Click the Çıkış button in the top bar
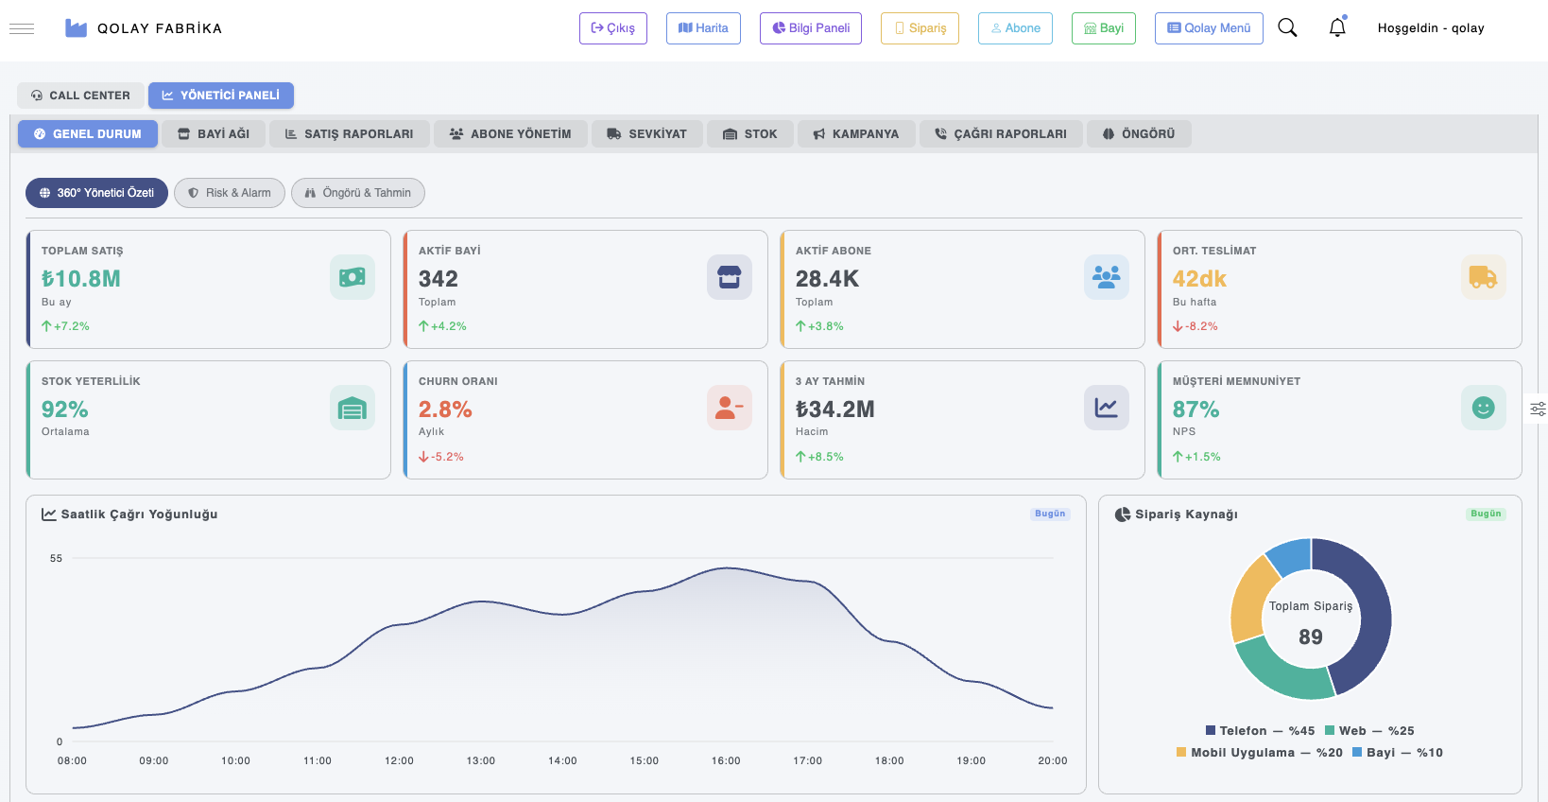click(x=612, y=28)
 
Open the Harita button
click(x=703, y=28)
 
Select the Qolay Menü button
click(x=1209, y=28)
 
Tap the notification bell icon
click(x=1336, y=28)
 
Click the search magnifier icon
click(x=1287, y=28)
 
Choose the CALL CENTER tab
click(x=80, y=96)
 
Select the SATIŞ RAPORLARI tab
click(x=349, y=134)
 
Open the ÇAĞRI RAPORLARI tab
click(x=1000, y=134)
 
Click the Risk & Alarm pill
click(x=230, y=193)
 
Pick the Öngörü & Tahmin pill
click(x=358, y=193)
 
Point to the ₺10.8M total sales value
click(x=81, y=279)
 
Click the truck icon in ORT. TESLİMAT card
click(x=1483, y=277)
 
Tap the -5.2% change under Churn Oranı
click(x=441, y=457)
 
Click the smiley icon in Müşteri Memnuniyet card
click(x=1483, y=408)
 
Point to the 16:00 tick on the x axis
click(x=726, y=760)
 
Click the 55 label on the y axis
click(x=56, y=558)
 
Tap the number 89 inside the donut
click(x=1310, y=637)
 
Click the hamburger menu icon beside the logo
click(x=22, y=28)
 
